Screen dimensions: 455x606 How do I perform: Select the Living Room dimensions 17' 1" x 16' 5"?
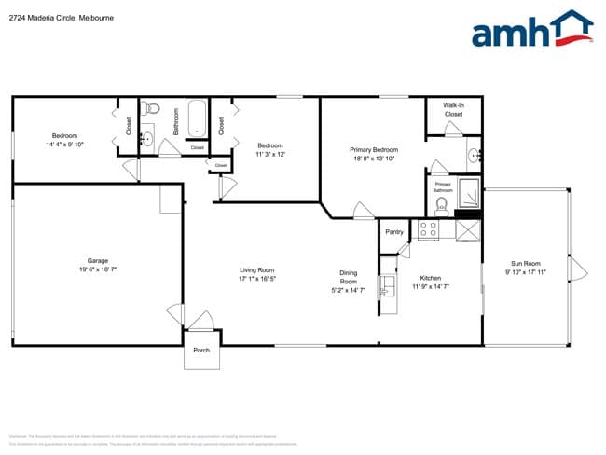click(257, 278)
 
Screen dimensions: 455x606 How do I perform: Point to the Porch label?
click(201, 351)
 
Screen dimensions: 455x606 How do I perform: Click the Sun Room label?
click(525, 264)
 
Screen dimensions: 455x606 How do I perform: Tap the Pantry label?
click(393, 232)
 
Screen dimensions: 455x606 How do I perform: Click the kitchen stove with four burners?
click(428, 228)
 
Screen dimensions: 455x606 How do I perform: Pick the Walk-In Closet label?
click(453, 110)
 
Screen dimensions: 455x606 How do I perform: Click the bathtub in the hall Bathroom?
click(197, 119)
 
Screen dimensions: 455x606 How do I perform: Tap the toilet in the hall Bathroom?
click(153, 109)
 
